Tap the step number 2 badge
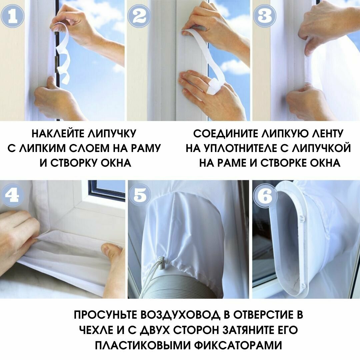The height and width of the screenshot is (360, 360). pos(139,16)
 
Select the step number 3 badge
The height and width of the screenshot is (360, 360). pos(265,16)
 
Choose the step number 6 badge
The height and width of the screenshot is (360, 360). pos(265,196)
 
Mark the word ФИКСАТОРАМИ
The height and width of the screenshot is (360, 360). pos(238,345)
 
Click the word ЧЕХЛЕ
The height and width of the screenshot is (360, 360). pos(96,330)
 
